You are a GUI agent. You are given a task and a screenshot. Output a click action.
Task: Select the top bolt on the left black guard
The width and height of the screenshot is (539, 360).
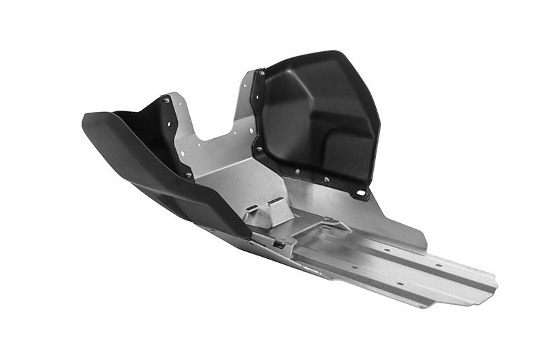pos(166,100)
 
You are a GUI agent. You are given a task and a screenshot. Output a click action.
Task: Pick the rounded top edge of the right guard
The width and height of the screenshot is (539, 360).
pos(317,55)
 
